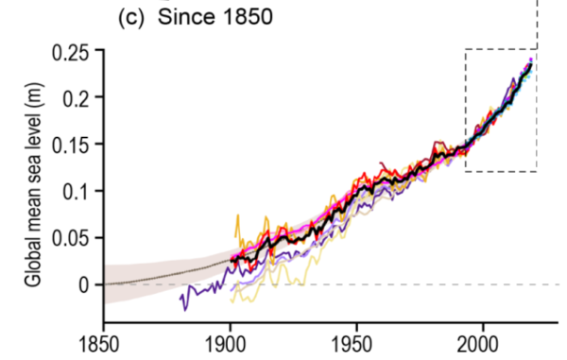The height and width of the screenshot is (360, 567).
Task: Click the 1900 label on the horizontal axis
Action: coord(229,342)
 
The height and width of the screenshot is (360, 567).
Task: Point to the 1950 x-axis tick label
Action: coord(355,342)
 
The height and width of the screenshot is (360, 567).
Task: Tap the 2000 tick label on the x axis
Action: coord(482,342)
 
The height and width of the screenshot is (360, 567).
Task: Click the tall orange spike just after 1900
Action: coord(236,216)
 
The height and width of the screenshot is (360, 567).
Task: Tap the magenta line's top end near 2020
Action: coord(531,60)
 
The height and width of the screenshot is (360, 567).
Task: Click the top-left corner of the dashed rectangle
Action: coord(465,49)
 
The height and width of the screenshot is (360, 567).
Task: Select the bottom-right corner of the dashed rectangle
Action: coord(537,172)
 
